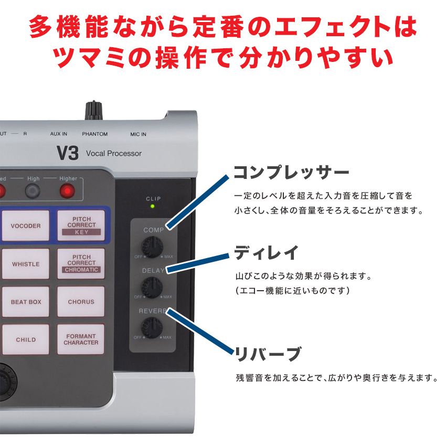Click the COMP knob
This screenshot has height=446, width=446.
(x=153, y=246)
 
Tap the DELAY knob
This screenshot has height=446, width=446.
(x=152, y=286)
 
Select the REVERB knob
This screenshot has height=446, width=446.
(x=152, y=327)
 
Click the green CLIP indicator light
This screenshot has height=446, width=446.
(x=153, y=207)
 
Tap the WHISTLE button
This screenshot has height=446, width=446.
(x=26, y=264)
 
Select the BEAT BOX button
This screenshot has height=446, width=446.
(x=26, y=302)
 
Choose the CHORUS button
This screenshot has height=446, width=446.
(x=81, y=302)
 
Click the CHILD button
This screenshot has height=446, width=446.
(x=26, y=339)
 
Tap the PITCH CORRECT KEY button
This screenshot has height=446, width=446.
(x=81, y=225)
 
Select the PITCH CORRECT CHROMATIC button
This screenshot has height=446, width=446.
(x=81, y=263)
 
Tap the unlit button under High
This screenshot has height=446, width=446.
(x=33, y=192)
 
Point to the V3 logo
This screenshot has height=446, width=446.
(x=67, y=154)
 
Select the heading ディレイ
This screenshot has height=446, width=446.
(x=266, y=253)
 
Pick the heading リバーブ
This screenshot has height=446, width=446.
(x=267, y=354)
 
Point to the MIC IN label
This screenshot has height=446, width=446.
(x=139, y=134)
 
